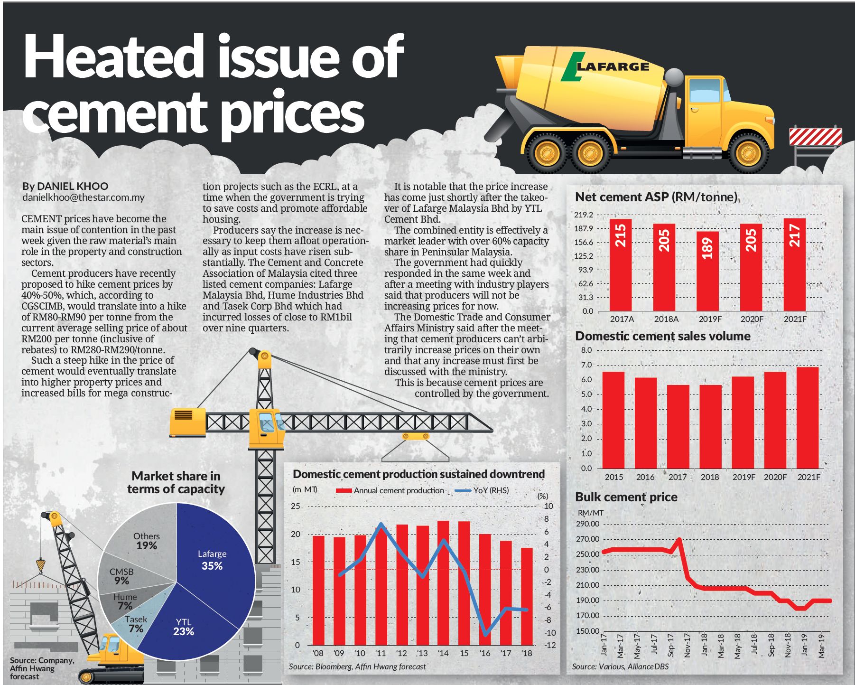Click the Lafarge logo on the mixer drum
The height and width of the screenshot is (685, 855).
pyautogui.click(x=605, y=67)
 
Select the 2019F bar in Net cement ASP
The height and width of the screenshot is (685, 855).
pyautogui.click(x=707, y=271)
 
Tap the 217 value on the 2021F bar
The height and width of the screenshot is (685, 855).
pyautogui.click(x=795, y=235)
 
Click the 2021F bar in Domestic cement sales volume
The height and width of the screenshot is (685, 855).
pyautogui.click(x=808, y=418)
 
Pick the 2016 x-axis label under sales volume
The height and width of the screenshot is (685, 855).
pyautogui.click(x=645, y=477)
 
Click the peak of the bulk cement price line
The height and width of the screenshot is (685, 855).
pyautogui.click(x=679, y=539)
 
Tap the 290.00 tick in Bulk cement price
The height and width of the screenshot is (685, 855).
pyautogui.click(x=588, y=524)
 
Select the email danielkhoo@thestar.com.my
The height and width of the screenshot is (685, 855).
pyautogui.click(x=84, y=197)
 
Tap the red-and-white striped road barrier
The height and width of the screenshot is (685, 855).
pyautogui.click(x=815, y=136)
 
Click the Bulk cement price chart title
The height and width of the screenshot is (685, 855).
pyautogui.click(x=626, y=497)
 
